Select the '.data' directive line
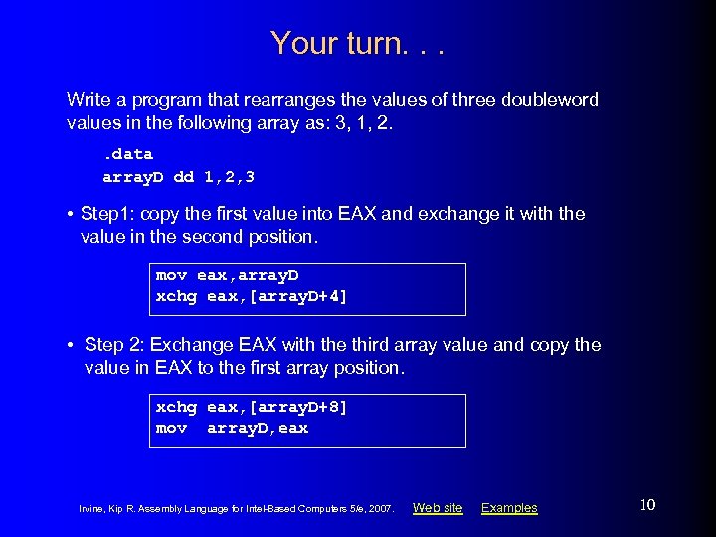click(x=128, y=154)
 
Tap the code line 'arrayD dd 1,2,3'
click(x=179, y=177)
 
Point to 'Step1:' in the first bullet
click(x=106, y=214)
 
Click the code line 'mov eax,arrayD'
click(x=227, y=274)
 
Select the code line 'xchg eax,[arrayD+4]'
click(x=252, y=296)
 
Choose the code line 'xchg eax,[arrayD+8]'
click(x=252, y=407)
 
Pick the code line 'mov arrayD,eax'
click(x=232, y=428)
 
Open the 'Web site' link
click(x=438, y=508)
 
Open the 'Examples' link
click(x=509, y=508)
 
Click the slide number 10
click(x=647, y=506)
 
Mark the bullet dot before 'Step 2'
click(x=73, y=346)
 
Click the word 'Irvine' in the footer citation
click(x=90, y=509)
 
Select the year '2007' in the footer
click(x=382, y=509)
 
